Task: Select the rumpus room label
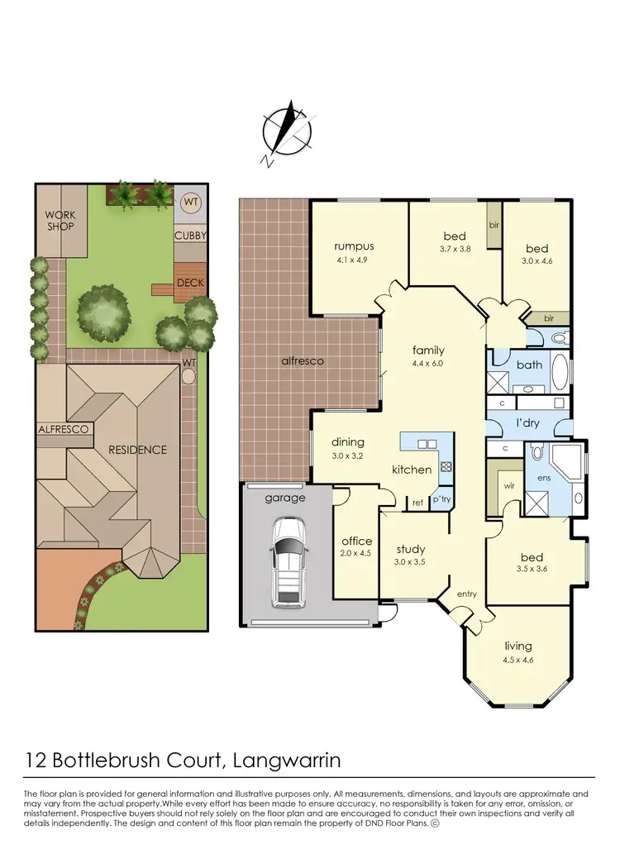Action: (x=355, y=246)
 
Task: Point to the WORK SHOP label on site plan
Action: (x=60, y=221)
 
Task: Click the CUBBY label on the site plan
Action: (x=190, y=236)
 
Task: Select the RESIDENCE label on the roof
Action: (x=138, y=450)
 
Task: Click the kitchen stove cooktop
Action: (x=445, y=466)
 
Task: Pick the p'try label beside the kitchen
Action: (x=440, y=499)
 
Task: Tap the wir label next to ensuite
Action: (x=509, y=486)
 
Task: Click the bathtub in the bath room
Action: (x=560, y=370)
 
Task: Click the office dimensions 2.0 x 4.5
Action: (x=356, y=556)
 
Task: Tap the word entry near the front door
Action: (x=467, y=594)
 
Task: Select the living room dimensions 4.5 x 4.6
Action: (x=517, y=660)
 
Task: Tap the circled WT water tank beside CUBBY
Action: (x=190, y=201)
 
